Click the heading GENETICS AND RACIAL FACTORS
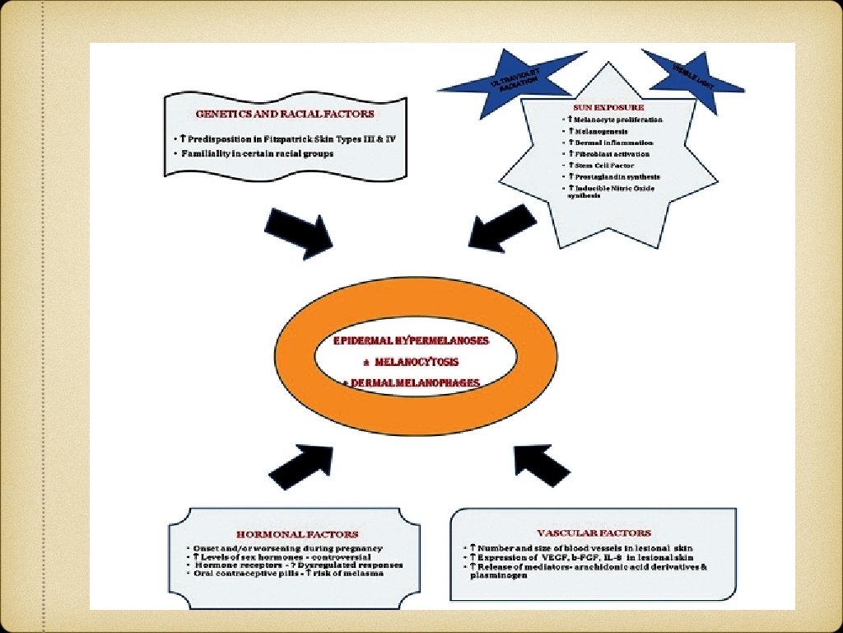click(284, 114)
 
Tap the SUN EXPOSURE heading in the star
click(608, 107)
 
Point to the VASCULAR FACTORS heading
click(594, 533)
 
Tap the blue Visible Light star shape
click(693, 73)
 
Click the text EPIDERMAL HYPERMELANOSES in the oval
click(412, 340)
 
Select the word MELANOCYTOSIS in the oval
click(417, 361)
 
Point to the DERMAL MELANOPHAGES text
click(414, 382)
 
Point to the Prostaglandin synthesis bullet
click(612, 177)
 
